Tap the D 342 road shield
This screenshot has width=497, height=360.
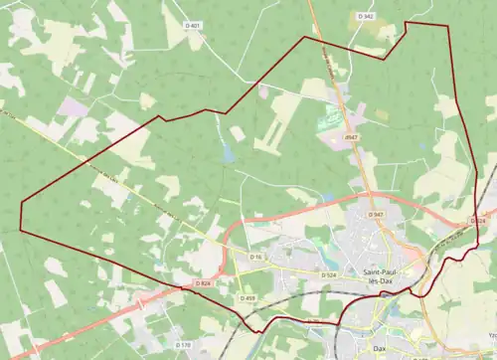(366, 17)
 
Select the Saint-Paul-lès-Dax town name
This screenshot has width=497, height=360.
(382, 277)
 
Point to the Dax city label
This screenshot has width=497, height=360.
(378, 348)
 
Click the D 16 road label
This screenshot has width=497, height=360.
(255, 258)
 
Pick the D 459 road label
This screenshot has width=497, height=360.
(248, 298)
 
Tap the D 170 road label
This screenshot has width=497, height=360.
(184, 345)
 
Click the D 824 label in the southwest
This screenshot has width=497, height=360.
(203, 284)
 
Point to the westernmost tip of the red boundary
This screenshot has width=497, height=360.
(21, 203)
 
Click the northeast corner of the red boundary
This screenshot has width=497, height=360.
(407, 23)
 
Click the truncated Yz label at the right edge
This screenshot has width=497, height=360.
(490, 349)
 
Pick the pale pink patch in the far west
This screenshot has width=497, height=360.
(72, 105)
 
